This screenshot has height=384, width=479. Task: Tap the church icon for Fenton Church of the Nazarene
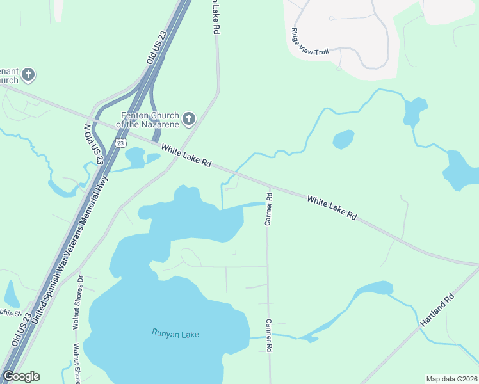point(188,118)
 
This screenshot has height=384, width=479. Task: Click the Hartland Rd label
point(438,312)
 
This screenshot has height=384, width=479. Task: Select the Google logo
point(21,376)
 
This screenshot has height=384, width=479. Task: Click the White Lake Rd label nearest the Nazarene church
point(186,156)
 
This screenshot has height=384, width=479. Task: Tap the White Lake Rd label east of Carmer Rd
point(331,209)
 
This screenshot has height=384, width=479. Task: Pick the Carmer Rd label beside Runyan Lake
point(270,335)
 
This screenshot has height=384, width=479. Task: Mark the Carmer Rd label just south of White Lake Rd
point(269,210)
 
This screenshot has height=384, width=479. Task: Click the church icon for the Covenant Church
point(28,76)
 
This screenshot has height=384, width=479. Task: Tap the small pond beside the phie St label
point(12,294)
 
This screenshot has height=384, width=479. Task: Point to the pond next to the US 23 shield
point(136,157)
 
